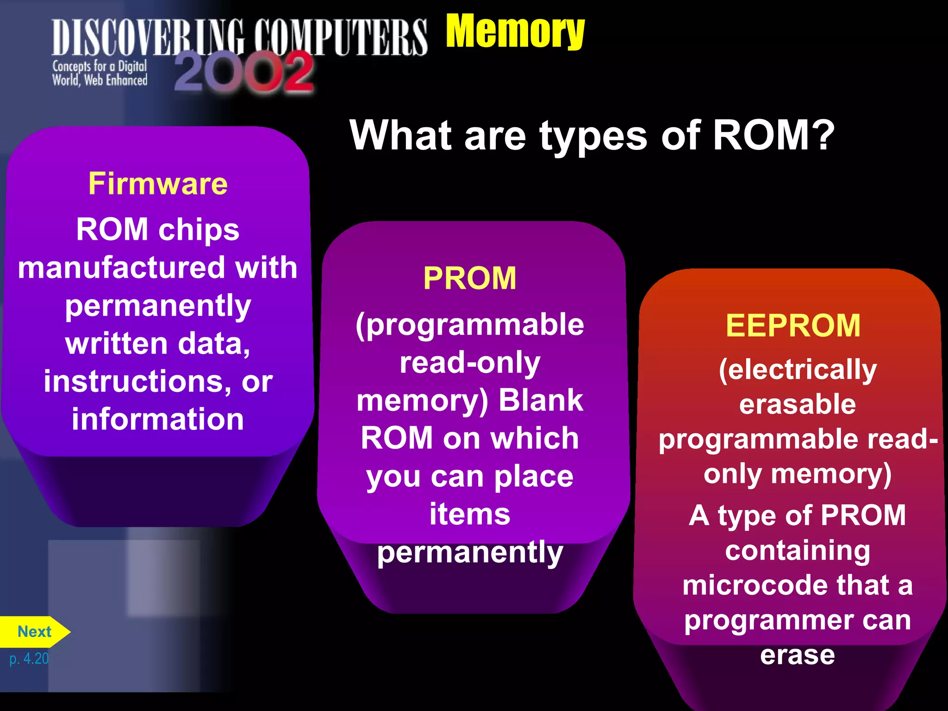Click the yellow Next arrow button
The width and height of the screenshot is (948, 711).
coord(34,631)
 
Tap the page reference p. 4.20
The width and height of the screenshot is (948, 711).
coord(29,658)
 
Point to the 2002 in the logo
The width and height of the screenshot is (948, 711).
coord(244,72)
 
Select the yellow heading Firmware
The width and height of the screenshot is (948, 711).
coord(158,184)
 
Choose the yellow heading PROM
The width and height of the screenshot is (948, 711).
coord(469,278)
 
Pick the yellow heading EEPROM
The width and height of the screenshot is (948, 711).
coord(793,325)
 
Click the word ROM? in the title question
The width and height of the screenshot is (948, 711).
coord(773,135)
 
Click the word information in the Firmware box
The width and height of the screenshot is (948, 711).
coord(158,419)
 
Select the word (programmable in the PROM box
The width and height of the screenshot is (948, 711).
coord(469,324)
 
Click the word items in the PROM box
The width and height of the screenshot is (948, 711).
coord(469,514)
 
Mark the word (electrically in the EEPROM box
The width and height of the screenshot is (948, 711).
coord(797,370)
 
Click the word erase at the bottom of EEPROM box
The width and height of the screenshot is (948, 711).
coord(797,655)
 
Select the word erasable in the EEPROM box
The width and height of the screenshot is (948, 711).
coord(797,404)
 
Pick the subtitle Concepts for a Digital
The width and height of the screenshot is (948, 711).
coord(100,66)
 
